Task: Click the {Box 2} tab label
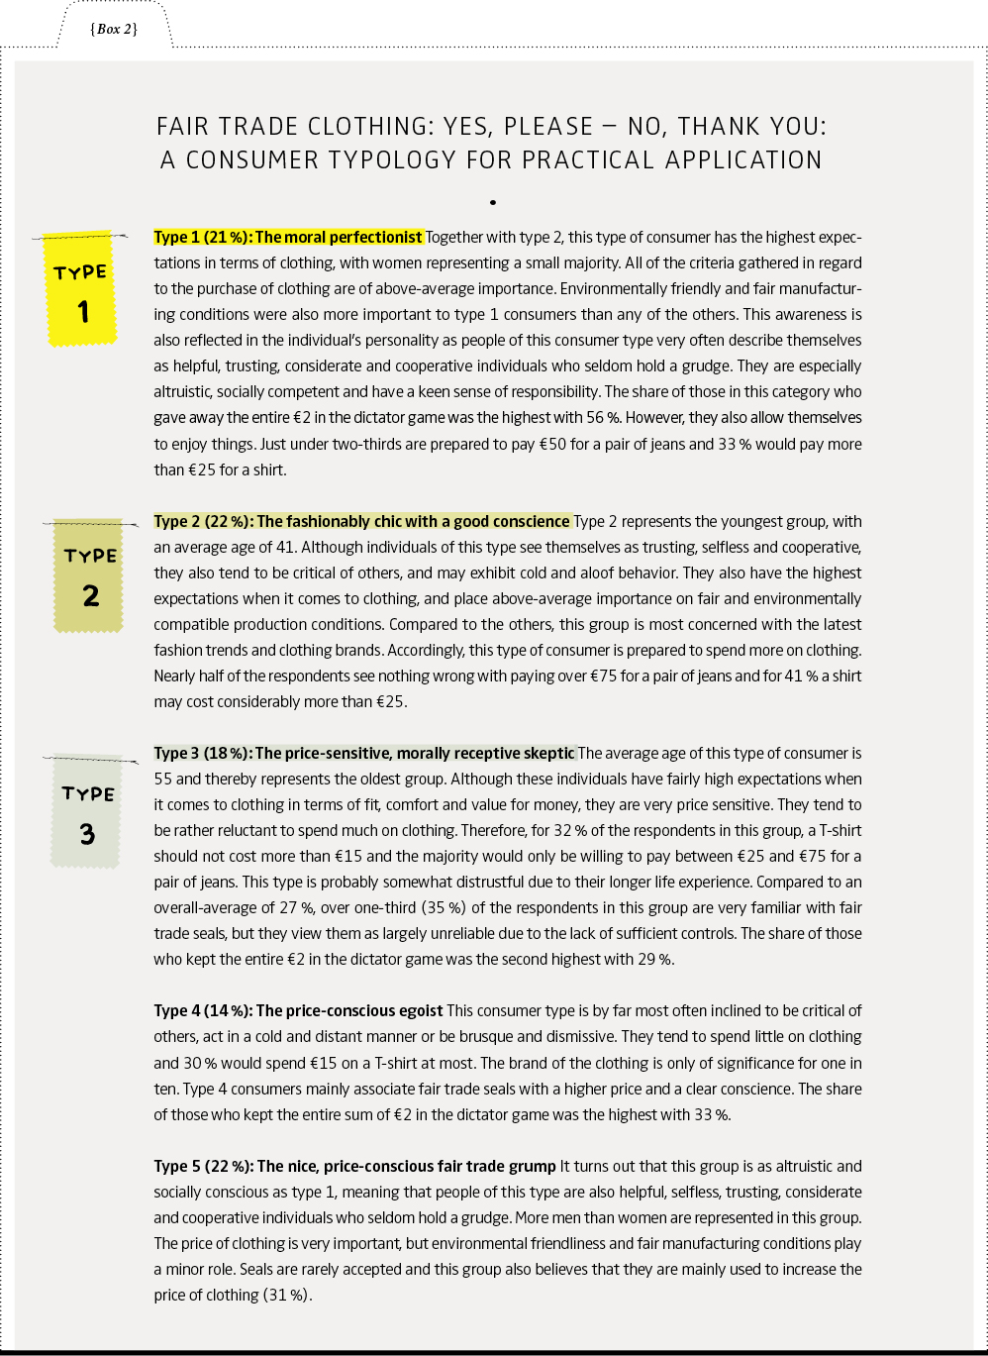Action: point(114,29)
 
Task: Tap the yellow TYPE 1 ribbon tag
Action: point(82,288)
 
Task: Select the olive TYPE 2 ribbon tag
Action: point(89,575)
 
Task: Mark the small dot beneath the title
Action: point(491,202)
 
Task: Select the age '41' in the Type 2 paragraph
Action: point(291,547)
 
